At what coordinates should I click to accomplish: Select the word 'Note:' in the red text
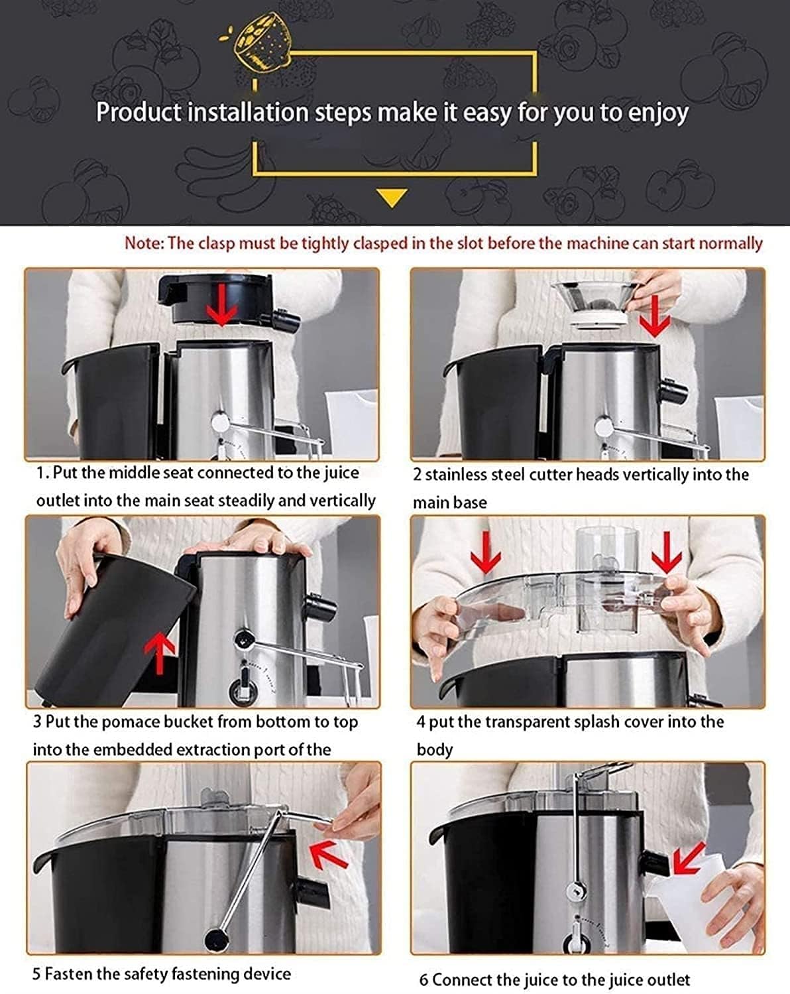(144, 243)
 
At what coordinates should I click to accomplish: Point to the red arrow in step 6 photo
(689, 859)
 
